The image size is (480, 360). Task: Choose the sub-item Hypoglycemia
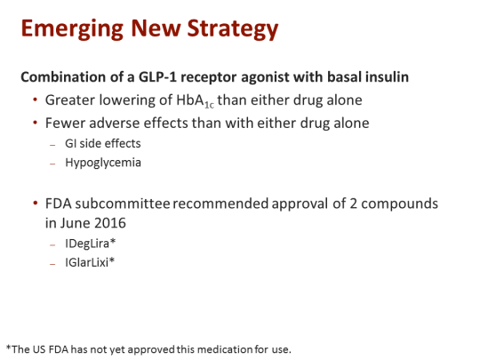pos(102,163)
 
